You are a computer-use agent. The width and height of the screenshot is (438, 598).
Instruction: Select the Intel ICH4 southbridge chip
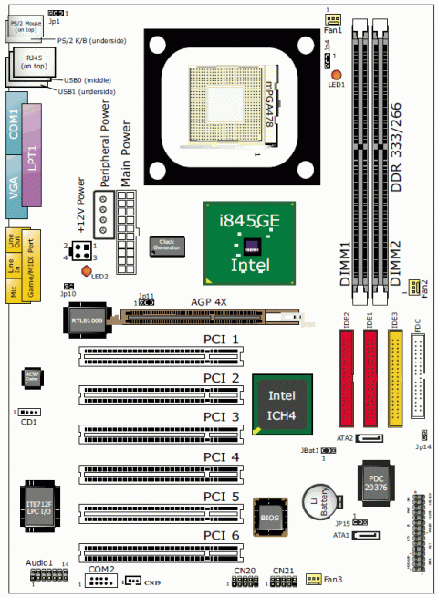pyautogui.click(x=282, y=403)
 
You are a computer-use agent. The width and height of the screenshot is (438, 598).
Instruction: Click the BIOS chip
pyautogui.click(x=271, y=516)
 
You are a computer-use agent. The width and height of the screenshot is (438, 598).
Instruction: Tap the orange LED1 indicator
pyautogui.click(x=337, y=74)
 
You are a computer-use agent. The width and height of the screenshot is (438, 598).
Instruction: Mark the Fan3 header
pyautogui.click(x=312, y=579)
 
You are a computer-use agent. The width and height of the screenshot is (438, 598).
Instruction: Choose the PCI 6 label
pyautogui.click(x=221, y=535)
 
